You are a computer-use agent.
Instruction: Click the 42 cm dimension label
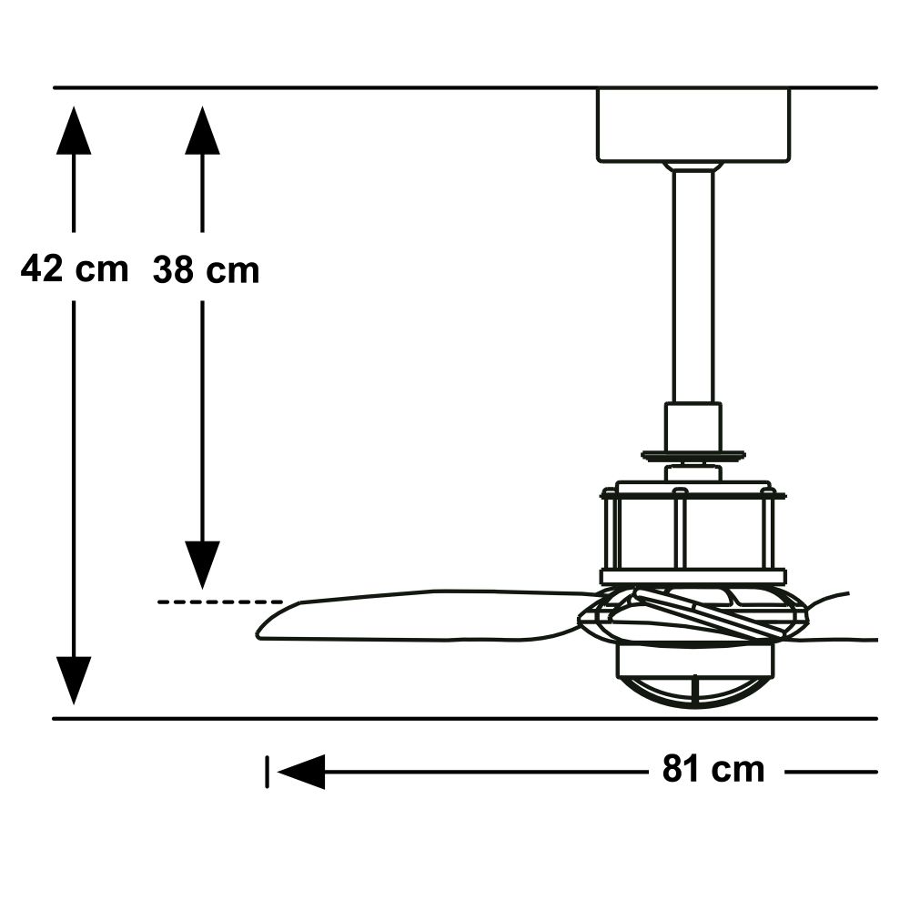[x=75, y=269]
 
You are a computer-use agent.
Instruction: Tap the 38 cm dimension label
[x=206, y=270]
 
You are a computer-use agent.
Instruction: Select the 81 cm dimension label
[x=713, y=770]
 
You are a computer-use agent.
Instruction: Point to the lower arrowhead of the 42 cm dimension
[x=74, y=679]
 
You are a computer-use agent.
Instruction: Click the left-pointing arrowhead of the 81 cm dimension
[x=301, y=773]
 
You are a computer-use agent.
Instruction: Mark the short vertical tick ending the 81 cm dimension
[x=267, y=773]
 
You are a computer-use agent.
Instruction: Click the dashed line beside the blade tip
[x=219, y=602]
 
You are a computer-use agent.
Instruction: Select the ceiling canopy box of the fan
[x=693, y=125]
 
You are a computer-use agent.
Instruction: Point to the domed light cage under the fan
[x=693, y=678]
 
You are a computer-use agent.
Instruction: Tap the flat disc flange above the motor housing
[x=693, y=456]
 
